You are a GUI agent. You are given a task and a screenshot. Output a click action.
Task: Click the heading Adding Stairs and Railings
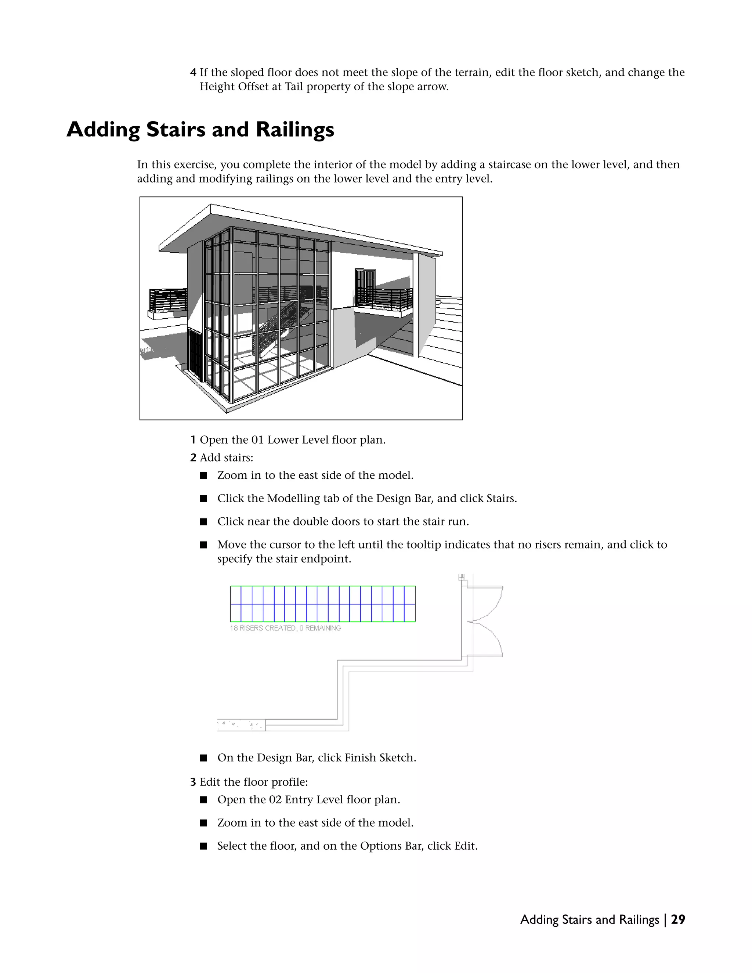pos(200,130)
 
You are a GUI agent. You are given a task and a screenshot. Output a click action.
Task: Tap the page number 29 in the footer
pos(677,919)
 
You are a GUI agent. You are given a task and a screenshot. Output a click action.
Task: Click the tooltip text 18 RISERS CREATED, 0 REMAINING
pos(285,628)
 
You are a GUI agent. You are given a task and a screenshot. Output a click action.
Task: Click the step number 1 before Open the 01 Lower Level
pos(193,440)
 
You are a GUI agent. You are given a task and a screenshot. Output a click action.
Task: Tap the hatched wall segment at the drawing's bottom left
pos(241,725)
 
